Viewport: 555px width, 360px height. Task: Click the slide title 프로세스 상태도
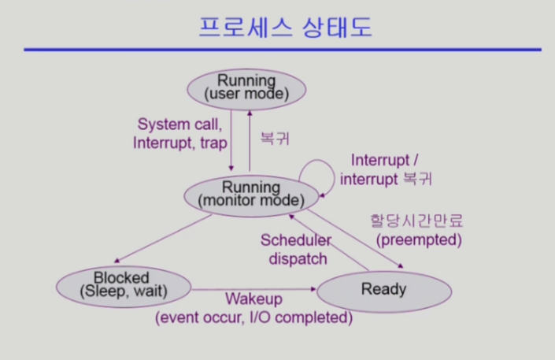(x=285, y=27)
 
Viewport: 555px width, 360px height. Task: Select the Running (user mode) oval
(x=246, y=89)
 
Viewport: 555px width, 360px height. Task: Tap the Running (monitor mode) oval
(x=251, y=195)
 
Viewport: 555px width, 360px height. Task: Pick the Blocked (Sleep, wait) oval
(x=124, y=287)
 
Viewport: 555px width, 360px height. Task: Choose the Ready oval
(x=384, y=291)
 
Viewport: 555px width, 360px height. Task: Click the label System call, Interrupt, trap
(x=180, y=134)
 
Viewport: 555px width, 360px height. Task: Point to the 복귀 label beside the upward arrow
(x=275, y=138)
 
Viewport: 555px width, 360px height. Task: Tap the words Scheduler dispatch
(x=297, y=250)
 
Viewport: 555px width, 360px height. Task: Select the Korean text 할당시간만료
(x=416, y=221)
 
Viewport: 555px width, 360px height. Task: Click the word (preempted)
(x=419, y=240)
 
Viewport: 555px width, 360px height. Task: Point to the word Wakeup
(x=254, y=299)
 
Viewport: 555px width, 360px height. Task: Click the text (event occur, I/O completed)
(x=253, y=317)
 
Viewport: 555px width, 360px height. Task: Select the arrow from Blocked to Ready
(x=253, y=289)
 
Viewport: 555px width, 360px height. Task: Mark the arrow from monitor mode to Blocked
(x=163, y=239)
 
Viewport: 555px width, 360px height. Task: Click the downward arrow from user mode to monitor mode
(x=231, y=140)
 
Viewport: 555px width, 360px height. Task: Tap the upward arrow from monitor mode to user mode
(x=250, y=141)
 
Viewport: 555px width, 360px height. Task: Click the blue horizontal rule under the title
(x=283, y=50)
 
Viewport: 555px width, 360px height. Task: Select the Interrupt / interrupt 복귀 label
(x=386, y=169)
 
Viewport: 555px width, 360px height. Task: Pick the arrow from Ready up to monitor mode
(x=329, y=243)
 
